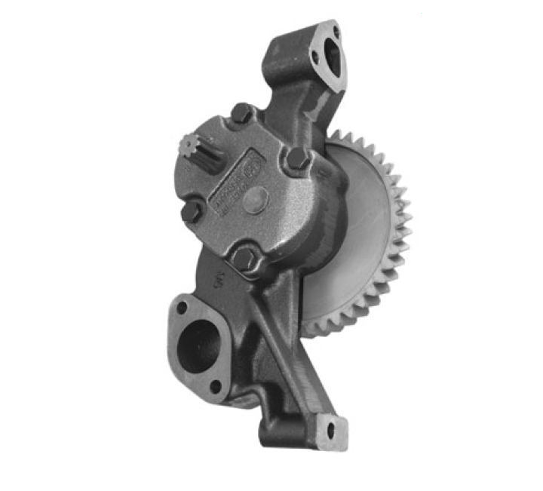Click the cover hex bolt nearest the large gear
coord(297,159)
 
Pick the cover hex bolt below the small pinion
coord(192,210)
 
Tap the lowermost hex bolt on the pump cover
coord(244,258)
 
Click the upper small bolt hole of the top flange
coord(336,32)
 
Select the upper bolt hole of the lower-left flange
coord(182,308)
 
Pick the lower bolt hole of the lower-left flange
coord(216,386)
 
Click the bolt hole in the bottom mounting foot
coord(330,431)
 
